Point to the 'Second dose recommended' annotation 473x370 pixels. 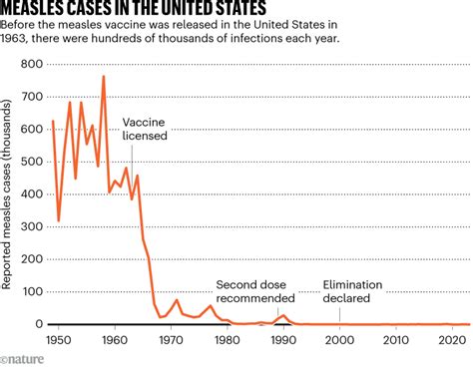[255, 290]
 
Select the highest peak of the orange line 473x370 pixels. [104, 77]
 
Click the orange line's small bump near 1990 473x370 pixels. [283, 315]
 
